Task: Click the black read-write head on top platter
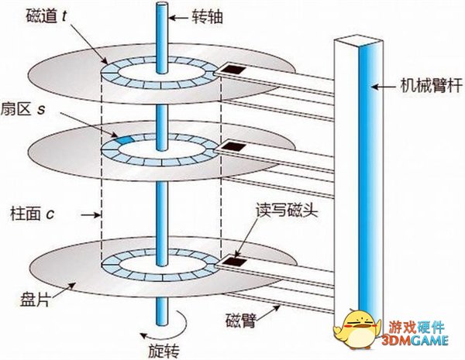pyautogui.click(x=230, y=70)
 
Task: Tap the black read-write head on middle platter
pyautogui.click(x=229, y=146)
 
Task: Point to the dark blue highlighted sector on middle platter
pyautogui.click(x=122, y=138)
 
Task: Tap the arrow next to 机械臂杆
pyautogui.click(x=383, y=87)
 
